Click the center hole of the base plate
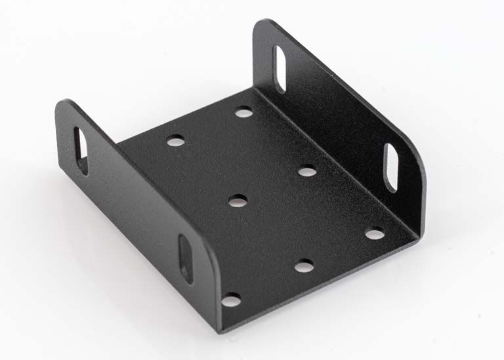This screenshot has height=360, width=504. (238, 201)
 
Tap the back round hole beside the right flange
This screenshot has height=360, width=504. (244, 112)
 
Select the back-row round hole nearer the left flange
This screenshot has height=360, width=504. (175, 140)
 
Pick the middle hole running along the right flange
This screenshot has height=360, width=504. (306, 171)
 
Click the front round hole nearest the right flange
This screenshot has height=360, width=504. (374, 233)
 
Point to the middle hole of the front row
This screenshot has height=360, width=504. (304, 266)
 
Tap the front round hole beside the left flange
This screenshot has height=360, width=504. (230, 300)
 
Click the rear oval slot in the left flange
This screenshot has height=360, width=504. (81, 150)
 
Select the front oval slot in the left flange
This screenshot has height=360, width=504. (186, 258)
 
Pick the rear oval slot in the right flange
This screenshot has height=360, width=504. (280, 68)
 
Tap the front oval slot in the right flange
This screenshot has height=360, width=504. (390, 167)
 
